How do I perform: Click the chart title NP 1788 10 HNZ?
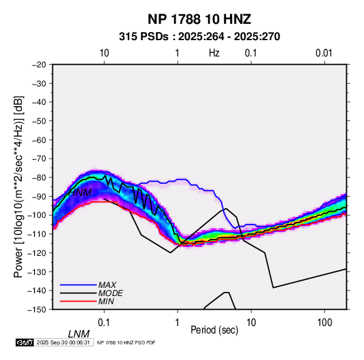[199, 19]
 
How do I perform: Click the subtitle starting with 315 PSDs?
[199, 37]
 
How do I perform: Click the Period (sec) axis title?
[214, 330]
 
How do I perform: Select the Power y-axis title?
[18, 187]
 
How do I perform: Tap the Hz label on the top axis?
[214, 53]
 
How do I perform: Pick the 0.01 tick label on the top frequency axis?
[324, 53]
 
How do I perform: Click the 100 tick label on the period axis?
[325, 323]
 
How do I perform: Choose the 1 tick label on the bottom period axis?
[177, 323]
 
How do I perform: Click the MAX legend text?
[107, 284]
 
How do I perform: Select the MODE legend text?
[110, 293]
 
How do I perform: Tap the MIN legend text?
[106, 301]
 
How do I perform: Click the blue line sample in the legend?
[78, 285]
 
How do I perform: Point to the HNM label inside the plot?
[80, 193]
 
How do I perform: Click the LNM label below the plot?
[78, 334]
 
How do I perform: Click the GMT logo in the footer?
[25, 342]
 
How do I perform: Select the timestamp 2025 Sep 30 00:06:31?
[63, 342]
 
